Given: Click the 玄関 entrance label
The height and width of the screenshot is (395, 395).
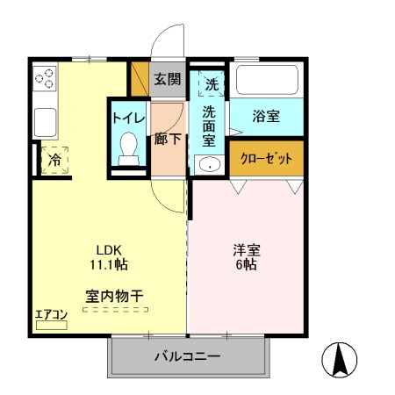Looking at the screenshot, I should pyautogui.click(x=168, y=79).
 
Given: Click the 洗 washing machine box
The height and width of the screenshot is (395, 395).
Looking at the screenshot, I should pyautogui.click(x=211, y=84).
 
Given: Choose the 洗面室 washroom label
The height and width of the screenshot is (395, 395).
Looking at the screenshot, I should pyautogui.click(x=210, y=125).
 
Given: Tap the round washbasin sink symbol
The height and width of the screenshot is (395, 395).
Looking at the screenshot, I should pyautogui.click(x=209, y=165).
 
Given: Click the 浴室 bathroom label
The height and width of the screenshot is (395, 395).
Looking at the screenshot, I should pyautogui.click(x=266, y=115).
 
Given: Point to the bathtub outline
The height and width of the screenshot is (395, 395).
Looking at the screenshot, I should pyautogui.click(x=267, y=83).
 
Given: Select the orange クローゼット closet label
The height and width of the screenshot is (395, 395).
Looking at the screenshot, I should pyautogui.click(x=266, y=159).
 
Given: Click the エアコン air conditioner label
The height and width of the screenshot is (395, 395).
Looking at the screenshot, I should pyautogui.click(x=51, y=314).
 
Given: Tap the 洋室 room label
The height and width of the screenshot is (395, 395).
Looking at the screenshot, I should pyautogui.click(x=247, y=249).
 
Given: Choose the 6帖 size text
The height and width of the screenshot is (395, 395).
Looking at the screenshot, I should pyautogui.click(x=247, y=265).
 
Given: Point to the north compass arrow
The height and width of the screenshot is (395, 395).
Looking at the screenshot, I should pyautogui.click(x=341, y=357).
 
